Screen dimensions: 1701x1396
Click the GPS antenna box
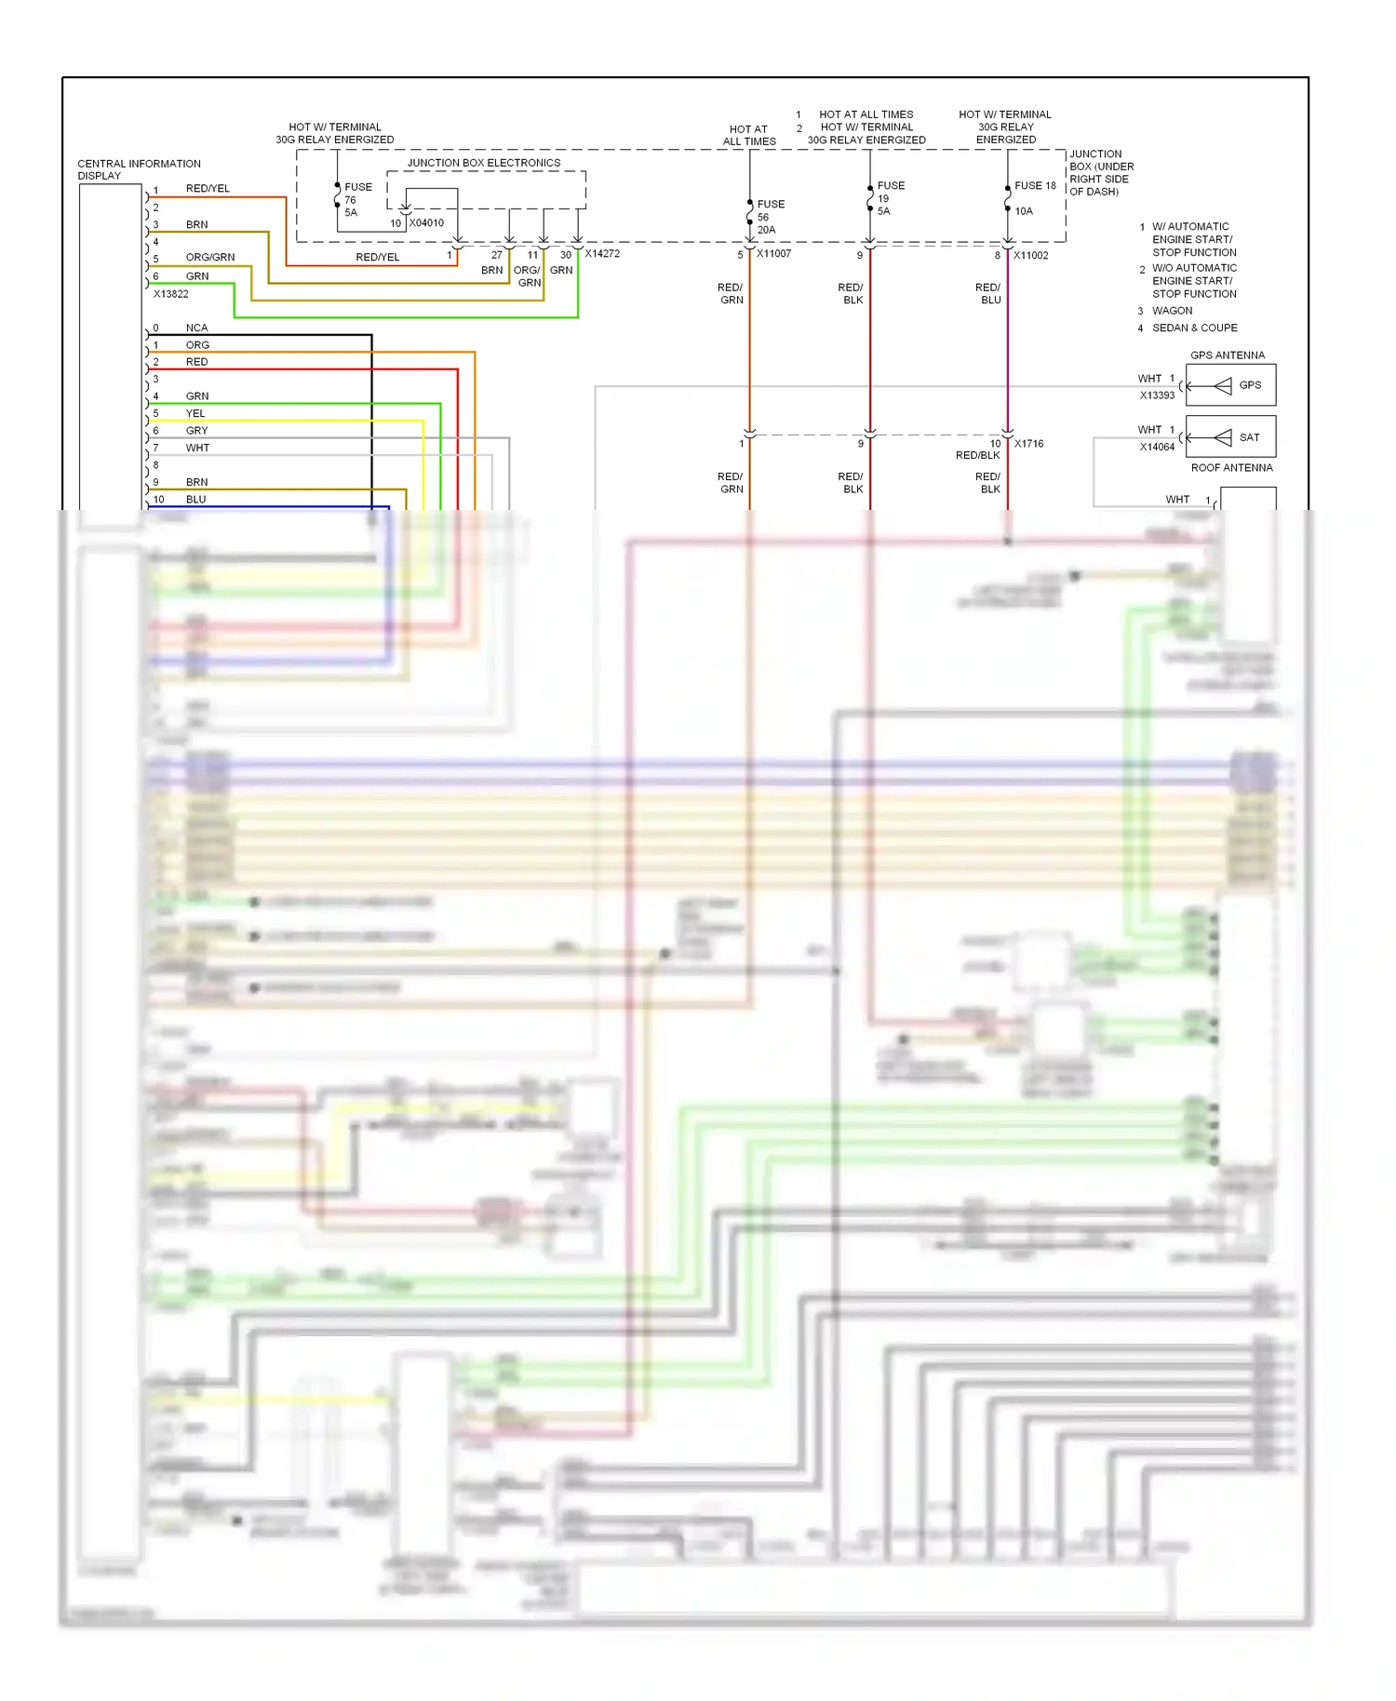1230,384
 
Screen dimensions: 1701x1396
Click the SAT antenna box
1230,436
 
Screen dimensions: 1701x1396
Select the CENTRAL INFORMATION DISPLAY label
139,169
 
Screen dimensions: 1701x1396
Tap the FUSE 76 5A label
357,199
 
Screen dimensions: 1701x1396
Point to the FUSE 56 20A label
770,217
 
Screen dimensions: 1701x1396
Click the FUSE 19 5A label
890,198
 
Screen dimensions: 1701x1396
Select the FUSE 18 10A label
1034,197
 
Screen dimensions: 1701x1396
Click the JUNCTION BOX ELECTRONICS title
484,163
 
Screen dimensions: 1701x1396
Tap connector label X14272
602,253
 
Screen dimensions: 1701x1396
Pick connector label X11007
773,254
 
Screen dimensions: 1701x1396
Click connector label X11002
1030,255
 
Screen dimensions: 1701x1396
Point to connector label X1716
1028,444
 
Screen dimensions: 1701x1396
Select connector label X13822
171,294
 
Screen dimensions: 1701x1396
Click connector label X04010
426,223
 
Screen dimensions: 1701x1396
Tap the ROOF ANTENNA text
1231,468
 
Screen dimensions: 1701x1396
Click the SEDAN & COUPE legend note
1194,328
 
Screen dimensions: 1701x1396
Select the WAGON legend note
1172,311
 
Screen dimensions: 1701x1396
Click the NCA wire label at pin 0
196,328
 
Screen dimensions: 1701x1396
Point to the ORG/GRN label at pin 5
210,258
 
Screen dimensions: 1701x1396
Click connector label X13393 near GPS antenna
1157,395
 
